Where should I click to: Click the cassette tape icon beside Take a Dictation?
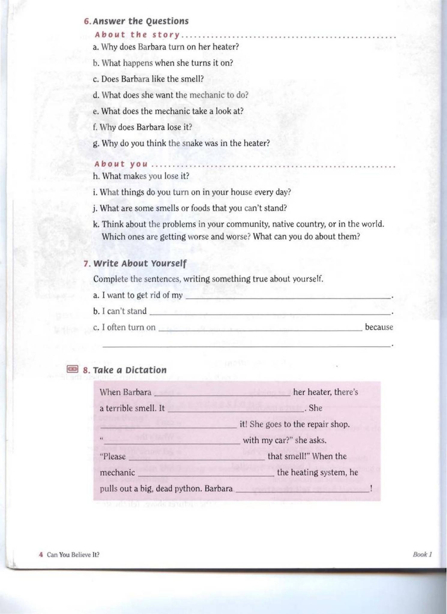tap(72, 369)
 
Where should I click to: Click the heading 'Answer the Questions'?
tap(140, 21)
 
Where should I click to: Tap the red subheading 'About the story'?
tap(137, 35)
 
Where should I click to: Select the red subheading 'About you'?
tap(121, 164)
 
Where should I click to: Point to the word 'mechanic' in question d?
tap(207, 95)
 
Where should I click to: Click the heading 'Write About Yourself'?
tap(140, 263)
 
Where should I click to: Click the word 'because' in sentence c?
tap(379, 327)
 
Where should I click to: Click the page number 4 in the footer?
tap(41, 555)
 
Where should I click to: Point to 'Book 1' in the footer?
tap(422, 554)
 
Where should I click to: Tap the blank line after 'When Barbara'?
tap(222, 395)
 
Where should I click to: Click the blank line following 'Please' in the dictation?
tap(197, 459)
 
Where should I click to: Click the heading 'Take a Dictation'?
tap(129, 370)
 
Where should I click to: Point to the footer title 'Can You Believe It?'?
tap(73, 555)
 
